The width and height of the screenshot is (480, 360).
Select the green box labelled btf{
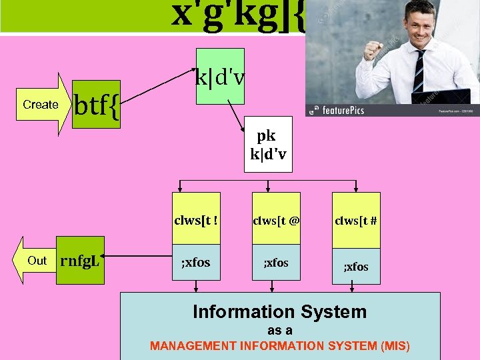pos(96,105)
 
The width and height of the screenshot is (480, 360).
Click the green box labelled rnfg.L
pos(80,261)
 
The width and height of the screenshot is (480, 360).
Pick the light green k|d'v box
pos(220,77)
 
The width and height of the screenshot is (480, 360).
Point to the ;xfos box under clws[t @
pos(275,263)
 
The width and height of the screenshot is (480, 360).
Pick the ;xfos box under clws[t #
pos(356,266)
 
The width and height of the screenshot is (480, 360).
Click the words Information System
pos(279,311)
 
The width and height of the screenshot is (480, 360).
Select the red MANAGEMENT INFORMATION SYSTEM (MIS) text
pos(280,346)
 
